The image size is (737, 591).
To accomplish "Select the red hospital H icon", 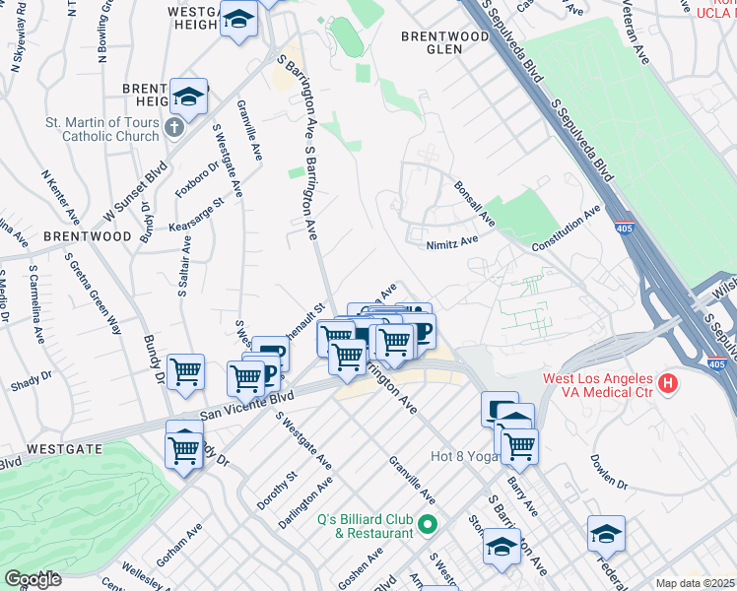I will click(669, 382).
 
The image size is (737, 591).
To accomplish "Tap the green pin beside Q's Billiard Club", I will click(427, 523).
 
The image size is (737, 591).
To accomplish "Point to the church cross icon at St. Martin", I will click(173, 127).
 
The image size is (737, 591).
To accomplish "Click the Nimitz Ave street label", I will click(452, 239).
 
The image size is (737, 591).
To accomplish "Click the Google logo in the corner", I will click(33, 579).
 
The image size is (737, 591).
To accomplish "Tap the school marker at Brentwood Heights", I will click(188, 97).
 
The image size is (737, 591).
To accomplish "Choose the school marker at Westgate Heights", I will click(238, 20).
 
